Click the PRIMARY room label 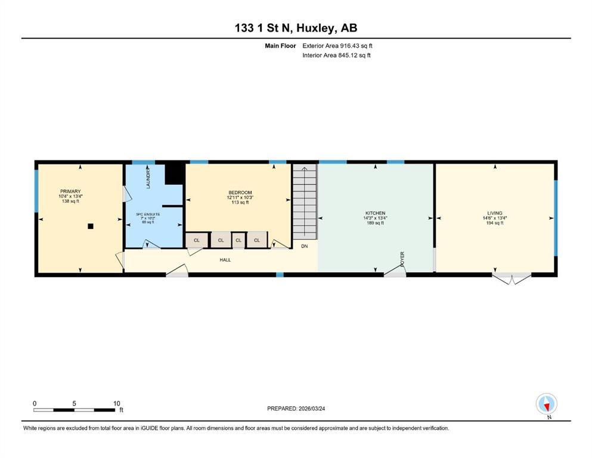coord(70,191)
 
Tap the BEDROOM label coord(240,193)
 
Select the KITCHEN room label coord(375,213)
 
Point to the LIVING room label coord(495,213)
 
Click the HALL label coord(225,260)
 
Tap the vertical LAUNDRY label coord(148,179)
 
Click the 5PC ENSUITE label coord(148,214)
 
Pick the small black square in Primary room coord(91,226)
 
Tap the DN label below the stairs coord(304,246)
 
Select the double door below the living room coord(511,278)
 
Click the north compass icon coord(547,404)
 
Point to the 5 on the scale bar coord(74,403)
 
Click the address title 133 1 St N coord(264,28)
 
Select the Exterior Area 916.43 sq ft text coord(337,46)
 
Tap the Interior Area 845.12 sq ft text coord(336,55)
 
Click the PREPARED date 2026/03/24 coord(311,409)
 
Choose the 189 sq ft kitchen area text coord(375,223)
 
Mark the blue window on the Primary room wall coord(36,191)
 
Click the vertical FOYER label coord(402,259)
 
